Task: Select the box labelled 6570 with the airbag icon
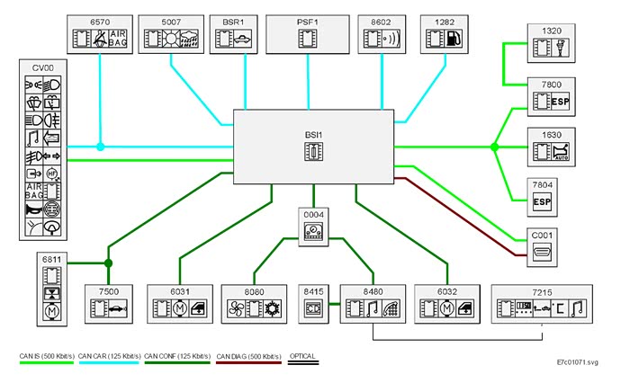(x=100, y=33)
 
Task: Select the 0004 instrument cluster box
(x=313, y=227)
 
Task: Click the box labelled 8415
(x=313, y=303)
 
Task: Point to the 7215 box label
(x=542, y=292)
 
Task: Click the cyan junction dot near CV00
(x=101, y=146)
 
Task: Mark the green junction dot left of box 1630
(x=494, y=146)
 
